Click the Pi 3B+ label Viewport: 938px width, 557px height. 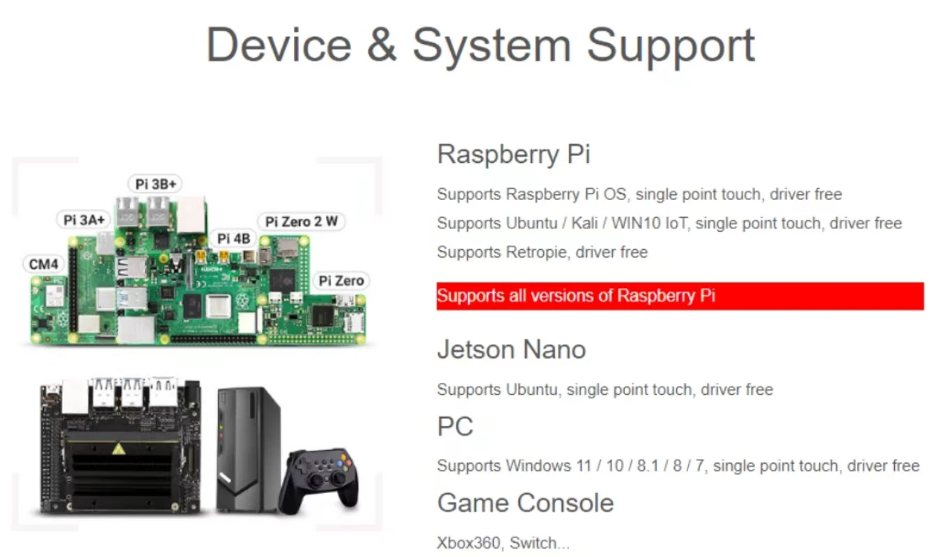pos(155,184)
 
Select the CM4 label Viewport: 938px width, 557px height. pos(44,265)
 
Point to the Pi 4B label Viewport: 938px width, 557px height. pos(233,239)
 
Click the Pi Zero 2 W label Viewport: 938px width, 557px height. pos(302,222)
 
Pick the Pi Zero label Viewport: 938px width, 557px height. pos(341,281)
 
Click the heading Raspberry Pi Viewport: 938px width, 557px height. pos(513,154)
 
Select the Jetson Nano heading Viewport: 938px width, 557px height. pos(511,350)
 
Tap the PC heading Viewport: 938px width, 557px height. pos(455,426)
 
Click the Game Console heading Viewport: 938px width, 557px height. pos(525,503)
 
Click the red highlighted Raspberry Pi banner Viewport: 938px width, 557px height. pos(680,296)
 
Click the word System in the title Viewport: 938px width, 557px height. pos(491,45)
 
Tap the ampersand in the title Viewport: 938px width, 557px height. pos(381,45)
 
